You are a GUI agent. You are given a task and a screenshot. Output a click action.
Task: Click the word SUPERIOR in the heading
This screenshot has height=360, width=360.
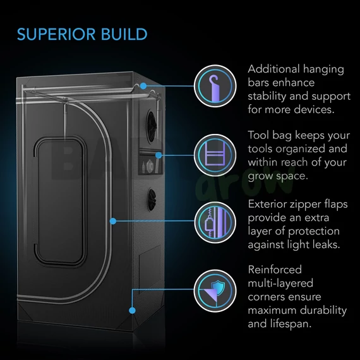click(x=56, y=35)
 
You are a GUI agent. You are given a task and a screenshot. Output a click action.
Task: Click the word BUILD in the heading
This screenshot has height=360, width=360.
click(x=124, y=35)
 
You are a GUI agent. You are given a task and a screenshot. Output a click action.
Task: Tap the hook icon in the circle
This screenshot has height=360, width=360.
click(x=215, y=88)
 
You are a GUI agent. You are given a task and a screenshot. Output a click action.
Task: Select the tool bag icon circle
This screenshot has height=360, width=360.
click(x=215, y=155)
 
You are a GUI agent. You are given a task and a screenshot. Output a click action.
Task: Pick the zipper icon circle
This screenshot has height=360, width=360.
click(x=215, y=222)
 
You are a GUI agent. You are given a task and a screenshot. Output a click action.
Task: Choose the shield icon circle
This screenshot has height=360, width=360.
click(x=215, y=291)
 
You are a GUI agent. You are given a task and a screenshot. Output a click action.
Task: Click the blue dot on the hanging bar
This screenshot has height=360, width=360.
click(x=143, y=86)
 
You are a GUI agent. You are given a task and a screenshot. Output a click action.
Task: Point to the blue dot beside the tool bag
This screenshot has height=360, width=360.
click(x=159, y=155)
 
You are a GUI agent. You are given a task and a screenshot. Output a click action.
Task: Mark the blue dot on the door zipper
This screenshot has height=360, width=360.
click(x=113, y=221)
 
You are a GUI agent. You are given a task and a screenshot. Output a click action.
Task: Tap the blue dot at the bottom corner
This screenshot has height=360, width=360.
click(x=132, y=310)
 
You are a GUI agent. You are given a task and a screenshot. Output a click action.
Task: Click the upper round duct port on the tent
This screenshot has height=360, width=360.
click(x=152, y=126)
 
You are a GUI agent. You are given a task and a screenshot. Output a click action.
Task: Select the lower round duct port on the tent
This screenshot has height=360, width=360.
click(x=152, y=200)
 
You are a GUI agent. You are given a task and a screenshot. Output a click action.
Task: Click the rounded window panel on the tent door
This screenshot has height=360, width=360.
click(x=60, y=201)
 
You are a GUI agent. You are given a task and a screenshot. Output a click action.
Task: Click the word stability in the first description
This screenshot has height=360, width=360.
click(x=267, y=97)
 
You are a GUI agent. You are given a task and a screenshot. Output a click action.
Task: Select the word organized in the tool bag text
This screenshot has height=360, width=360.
click(x=300, y=149)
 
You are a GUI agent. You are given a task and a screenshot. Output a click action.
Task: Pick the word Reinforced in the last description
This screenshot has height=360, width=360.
click(x=275, y=270)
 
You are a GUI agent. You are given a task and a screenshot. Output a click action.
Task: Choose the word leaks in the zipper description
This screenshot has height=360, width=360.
click(x=327, y=244)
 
